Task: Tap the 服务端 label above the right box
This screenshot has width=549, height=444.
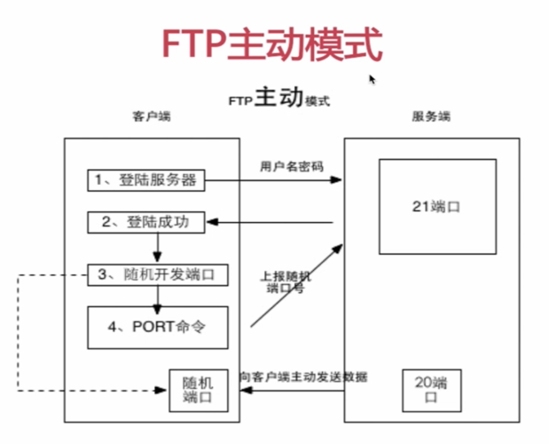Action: tap(431, 116)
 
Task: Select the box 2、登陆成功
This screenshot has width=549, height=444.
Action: tap(145, 222)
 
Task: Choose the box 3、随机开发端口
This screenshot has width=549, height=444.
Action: tap(156, 274)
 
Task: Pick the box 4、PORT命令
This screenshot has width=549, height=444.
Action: tap(157, 327)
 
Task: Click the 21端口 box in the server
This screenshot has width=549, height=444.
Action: tap(431, 206)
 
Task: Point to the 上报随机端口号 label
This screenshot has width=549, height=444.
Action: tap(286, 281)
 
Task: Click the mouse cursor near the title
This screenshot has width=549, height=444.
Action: tap(373, 79)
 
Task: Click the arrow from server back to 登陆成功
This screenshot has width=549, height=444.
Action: tap(275, 222)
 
